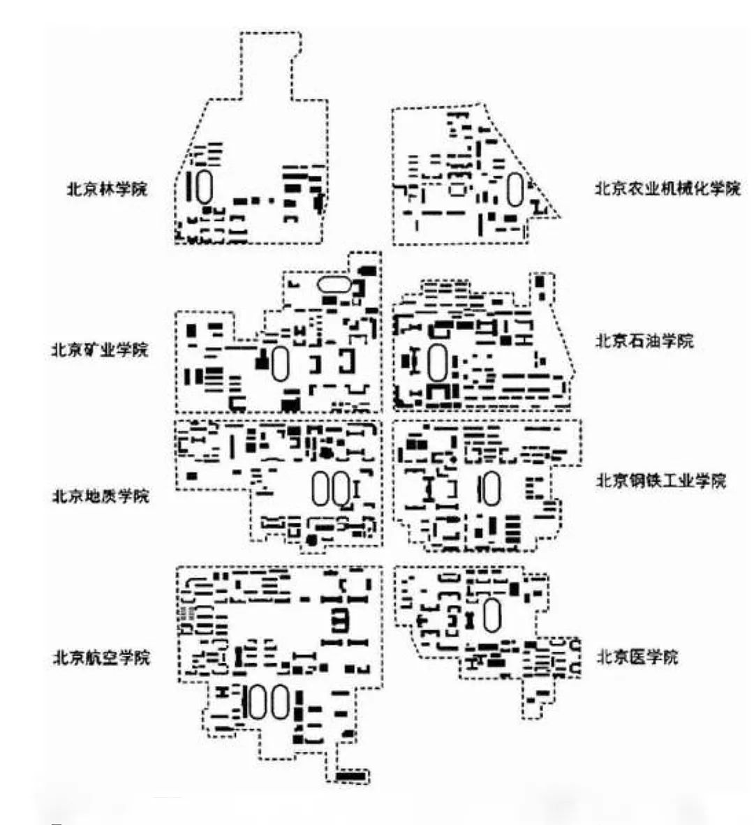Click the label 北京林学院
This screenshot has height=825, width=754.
click(108, 188)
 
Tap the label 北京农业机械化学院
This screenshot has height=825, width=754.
click(667, 188)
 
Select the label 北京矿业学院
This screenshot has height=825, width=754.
click(100, 349)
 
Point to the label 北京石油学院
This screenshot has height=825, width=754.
click(644, 341)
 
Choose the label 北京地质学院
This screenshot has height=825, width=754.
click(101, 496)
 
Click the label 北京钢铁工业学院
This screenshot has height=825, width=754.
click(660, 480)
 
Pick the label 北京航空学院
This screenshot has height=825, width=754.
click(101, 657)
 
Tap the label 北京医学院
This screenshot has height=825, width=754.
click(637, 657)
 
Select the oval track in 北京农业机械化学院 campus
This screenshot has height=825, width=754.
click(515, 189)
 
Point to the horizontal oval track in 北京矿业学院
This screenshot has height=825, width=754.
click(334, 284)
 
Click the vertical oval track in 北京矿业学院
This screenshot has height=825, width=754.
click(280, 364)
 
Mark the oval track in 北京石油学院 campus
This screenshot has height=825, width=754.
click(438, 363)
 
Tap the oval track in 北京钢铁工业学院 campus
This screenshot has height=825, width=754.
click(491, 488)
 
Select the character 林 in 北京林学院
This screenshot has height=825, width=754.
click(108, 188)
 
